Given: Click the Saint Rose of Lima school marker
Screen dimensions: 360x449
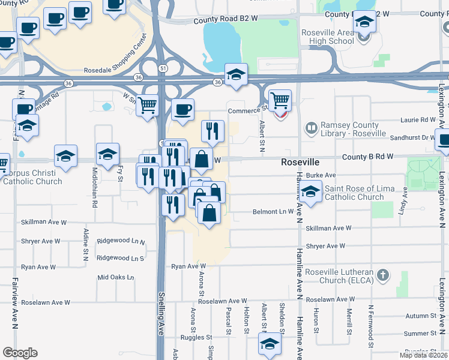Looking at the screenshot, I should [310, 193].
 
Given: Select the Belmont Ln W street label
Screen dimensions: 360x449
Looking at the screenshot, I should [273, 211].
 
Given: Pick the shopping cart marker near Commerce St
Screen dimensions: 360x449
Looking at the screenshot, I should [280, 101].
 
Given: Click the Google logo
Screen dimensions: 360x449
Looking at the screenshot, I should [20, 353].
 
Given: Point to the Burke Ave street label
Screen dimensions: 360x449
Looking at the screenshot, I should [321, 175].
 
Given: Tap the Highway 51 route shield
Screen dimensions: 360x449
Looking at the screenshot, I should [163, 68].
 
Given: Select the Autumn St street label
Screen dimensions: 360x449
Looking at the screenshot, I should [420, 316].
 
